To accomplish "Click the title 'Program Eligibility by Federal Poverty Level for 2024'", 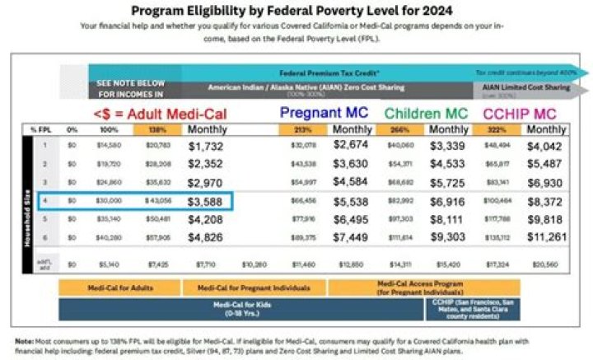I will click(x=296, y=11).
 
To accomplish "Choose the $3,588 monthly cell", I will click(x=210, y=201).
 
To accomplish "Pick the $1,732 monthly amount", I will click(x=210, y=146).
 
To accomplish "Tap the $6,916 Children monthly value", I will click(x=450, y=201).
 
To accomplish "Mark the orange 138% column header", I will click(x=166, y=130).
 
